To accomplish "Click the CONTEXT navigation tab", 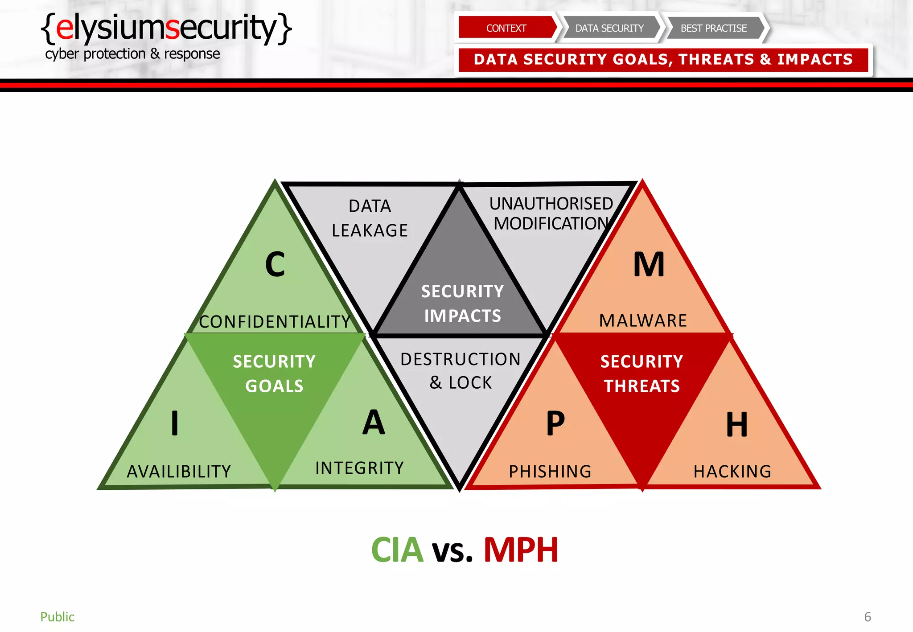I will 506,28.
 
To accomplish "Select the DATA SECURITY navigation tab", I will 609,28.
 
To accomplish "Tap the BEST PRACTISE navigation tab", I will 713,28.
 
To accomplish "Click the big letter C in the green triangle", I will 275,264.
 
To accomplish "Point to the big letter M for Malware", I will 649,264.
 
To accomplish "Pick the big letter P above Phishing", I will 555,423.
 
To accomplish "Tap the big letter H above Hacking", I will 736,424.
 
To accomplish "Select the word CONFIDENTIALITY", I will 275,322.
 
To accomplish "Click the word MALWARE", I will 643,321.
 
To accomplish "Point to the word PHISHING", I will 550,472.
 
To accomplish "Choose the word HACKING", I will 732,472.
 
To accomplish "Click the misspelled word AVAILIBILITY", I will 179,472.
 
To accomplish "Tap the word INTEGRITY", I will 359,468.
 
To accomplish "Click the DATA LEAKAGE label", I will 370,218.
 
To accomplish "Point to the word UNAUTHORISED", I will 551,204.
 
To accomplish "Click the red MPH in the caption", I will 521,550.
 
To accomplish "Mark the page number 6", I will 867,617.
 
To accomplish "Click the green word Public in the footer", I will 58,617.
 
